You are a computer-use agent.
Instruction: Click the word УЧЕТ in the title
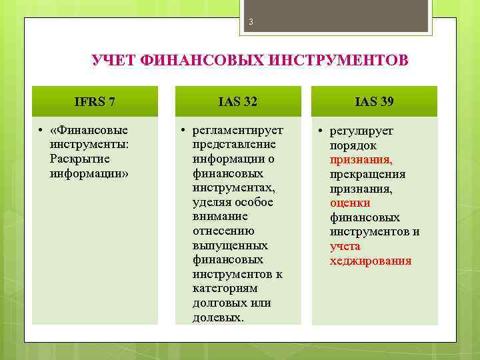pos(113,61)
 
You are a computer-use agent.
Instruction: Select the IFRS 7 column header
pos(95,101)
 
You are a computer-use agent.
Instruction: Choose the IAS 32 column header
pos(238,101)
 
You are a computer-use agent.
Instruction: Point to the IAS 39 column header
pos(374,101)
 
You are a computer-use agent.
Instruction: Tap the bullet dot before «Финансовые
pos(41,130)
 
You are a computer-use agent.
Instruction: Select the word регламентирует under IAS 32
pos(238,130)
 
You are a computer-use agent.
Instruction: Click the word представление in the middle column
pos(225,145)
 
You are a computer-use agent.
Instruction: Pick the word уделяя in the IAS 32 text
pos(213,202)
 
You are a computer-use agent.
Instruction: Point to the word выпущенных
pos(223,245)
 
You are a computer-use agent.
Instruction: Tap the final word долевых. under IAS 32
pos(218,317)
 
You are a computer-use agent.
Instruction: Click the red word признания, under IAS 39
pos(361,160)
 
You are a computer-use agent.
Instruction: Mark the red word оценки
pos(350,203)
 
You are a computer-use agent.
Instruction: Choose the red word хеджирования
pos(371,261)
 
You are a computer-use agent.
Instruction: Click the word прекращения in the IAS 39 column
pos(367,174)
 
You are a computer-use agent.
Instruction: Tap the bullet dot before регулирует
pos(320,131)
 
